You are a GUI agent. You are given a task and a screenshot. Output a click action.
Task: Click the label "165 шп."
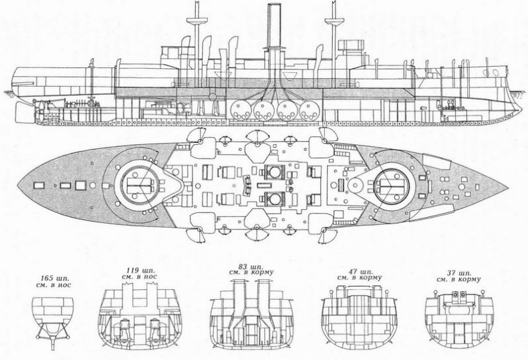[56, 279]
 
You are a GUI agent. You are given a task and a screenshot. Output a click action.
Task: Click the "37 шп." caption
[458, 273]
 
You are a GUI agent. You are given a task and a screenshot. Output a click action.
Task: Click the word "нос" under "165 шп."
[65, 286]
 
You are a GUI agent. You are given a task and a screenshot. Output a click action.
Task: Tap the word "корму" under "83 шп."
[262, 272]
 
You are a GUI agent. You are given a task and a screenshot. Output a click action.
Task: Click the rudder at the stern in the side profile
[24, 112]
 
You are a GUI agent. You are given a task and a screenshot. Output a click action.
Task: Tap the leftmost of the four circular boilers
[241, 111]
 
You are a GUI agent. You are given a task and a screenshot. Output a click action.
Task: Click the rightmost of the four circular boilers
[309, 111]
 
